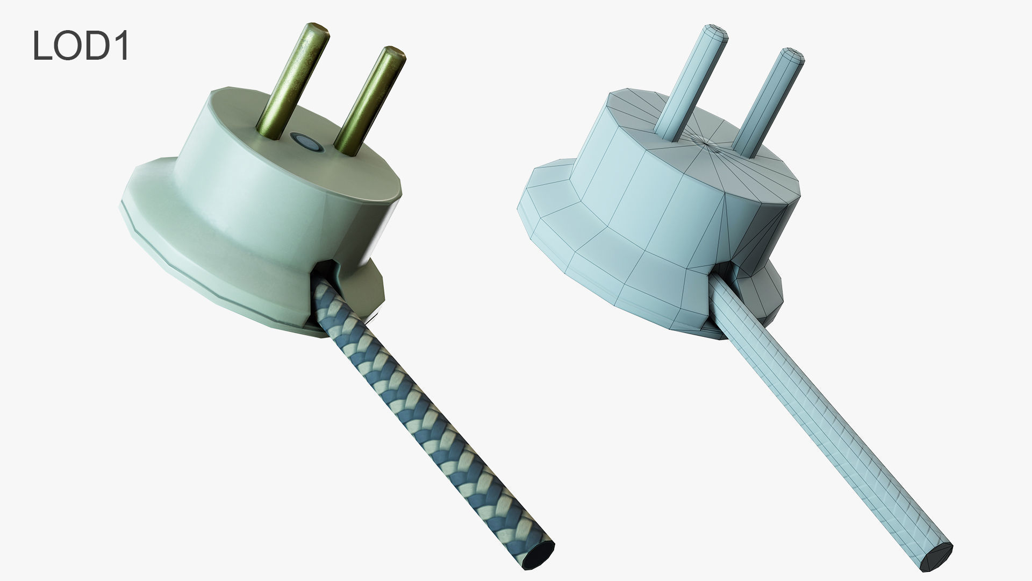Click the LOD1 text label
point(81,46)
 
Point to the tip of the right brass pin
point(395,53)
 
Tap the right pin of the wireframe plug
point(769,102)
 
